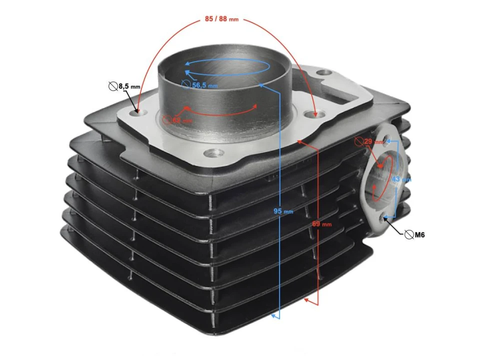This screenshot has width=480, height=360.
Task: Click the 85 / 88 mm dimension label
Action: (221, 19)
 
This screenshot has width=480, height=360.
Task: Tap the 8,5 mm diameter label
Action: (129, 87)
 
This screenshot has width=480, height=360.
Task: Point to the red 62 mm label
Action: (180, 120)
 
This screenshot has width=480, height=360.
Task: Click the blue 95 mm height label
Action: (283, 211)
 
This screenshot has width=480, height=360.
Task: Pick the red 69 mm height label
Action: (322, 224)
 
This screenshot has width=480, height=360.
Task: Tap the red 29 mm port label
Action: (372, 142)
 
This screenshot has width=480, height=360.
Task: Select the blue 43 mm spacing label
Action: (400, 178)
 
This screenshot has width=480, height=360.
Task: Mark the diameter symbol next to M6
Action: (408, 234)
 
